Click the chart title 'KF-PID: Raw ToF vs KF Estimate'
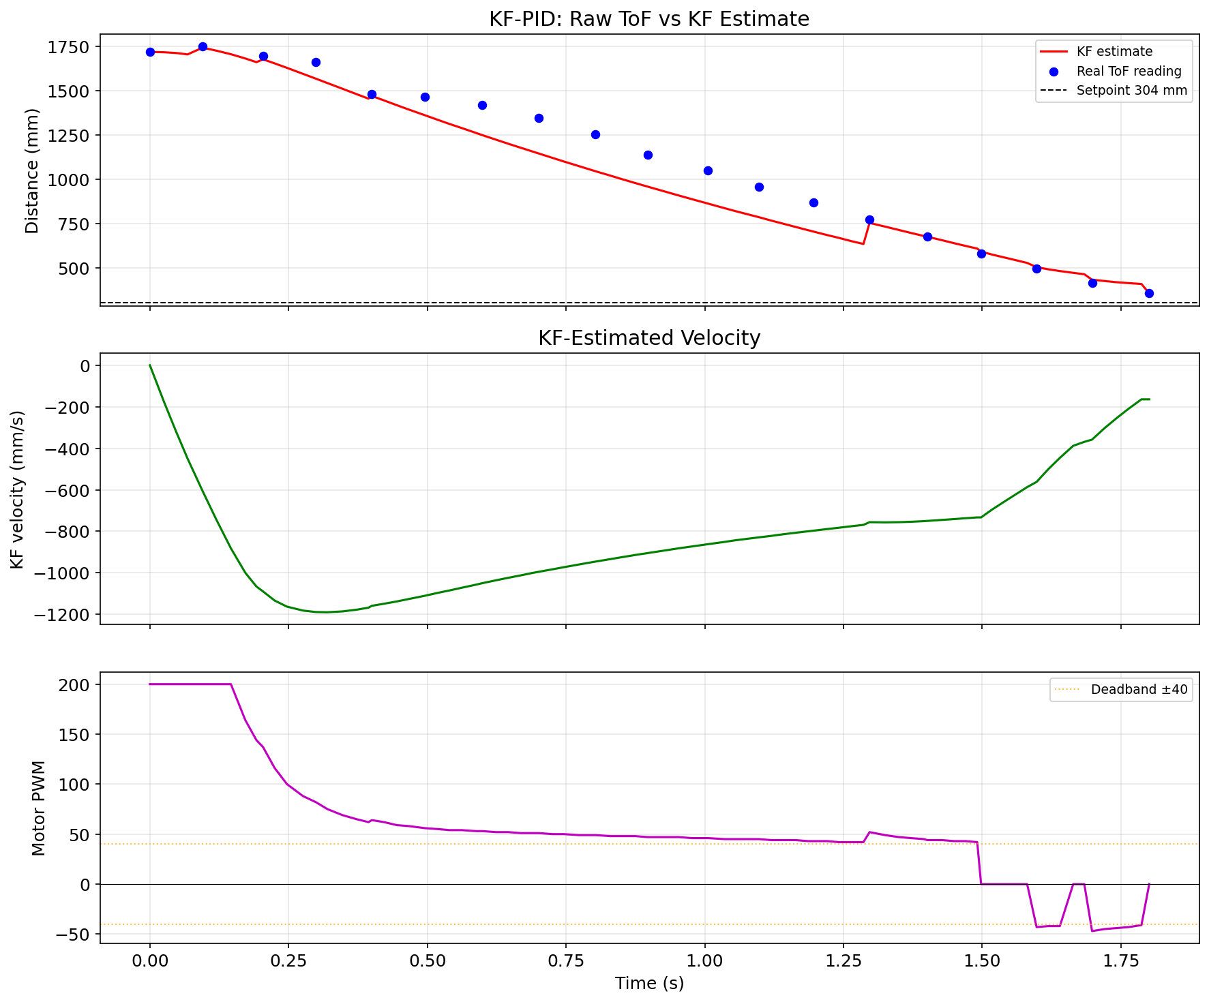coord(648,19)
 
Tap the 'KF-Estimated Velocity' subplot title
coord(648,338)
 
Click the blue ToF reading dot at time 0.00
coord(150,52)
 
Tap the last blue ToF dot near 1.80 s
coord(1149,293)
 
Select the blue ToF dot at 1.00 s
coord(708,170)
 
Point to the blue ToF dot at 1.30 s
coord(869,219)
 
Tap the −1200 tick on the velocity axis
coord(65,614)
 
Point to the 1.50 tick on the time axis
coord(981,960)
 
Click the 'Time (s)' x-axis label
coord(648,983)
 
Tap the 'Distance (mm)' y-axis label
coord(32,170)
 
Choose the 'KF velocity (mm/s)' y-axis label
coord(18,489)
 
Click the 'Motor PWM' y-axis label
coord(39,808)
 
